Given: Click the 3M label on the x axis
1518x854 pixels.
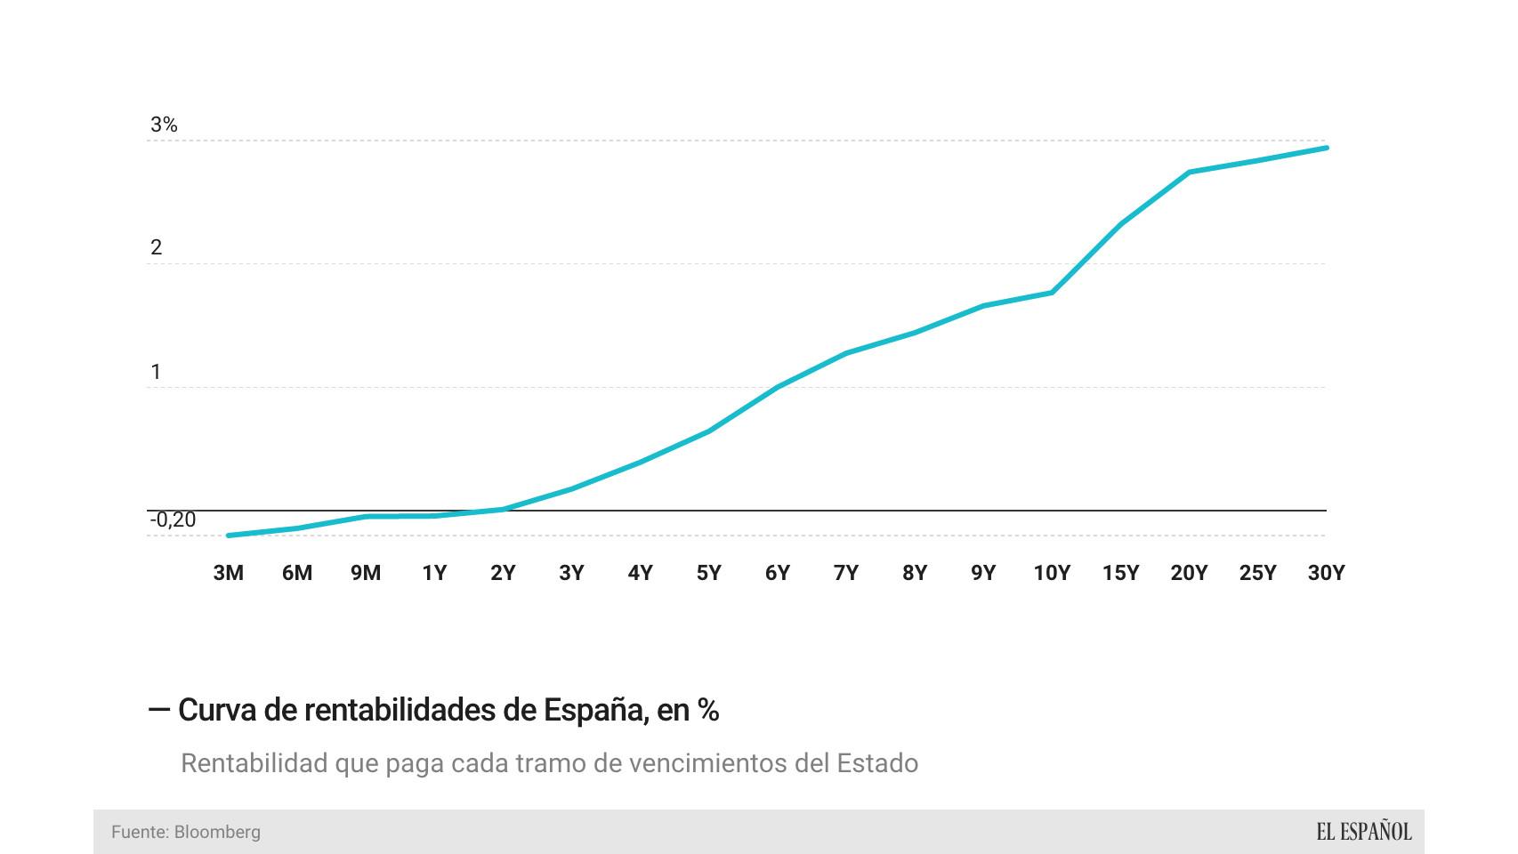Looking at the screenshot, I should tap(228, 574).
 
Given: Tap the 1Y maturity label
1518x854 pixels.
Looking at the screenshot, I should tap(434, 574).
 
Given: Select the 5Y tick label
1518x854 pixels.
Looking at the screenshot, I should tap(708, 574).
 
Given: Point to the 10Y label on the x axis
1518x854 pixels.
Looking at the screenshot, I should tap(1052, 574).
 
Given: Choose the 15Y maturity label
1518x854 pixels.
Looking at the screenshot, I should tap(1120, 574).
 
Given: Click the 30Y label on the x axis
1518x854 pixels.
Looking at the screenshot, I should tap(1326, 574).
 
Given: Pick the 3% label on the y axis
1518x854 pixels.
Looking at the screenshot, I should tap(164, 125).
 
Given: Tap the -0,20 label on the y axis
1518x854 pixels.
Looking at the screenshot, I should tap(173, 520).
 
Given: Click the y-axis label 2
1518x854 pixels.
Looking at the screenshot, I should tap(157, 248).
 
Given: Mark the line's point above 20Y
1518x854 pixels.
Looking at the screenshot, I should tap(1190, 173).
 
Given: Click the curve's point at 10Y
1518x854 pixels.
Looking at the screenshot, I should tap(1052, 293).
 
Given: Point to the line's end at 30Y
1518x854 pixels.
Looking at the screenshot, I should tap(1326, 148).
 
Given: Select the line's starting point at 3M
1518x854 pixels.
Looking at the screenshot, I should tap(229, 536).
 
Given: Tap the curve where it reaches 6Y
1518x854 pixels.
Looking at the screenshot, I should tap(778, 388).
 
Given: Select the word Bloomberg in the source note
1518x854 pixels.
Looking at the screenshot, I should tap(217, 833).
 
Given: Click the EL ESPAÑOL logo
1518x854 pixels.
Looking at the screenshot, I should tap(1364, 833).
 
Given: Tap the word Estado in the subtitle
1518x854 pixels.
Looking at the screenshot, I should tap(877, 764).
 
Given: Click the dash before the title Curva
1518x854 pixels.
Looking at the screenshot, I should tap(159, 710).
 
